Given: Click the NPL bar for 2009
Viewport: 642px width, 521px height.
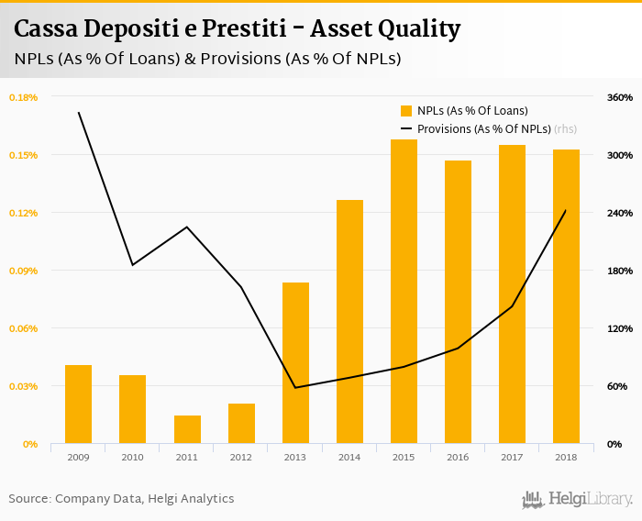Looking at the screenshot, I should click(x=78, y=405).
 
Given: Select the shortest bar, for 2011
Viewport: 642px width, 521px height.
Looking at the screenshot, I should click(x=187, y=429).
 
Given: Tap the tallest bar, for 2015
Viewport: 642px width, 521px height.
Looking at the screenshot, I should click(x=404, y=292).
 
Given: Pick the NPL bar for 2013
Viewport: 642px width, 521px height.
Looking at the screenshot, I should click(x=295, y=363).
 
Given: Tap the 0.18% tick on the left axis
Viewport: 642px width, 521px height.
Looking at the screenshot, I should click(x=23, y=97).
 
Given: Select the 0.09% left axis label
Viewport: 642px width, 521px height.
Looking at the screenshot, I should click(x=23, y=271).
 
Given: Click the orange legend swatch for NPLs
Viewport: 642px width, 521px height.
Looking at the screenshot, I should click(x=406, y=111).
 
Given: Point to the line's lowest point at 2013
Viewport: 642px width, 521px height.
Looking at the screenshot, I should click(x=295, y=387).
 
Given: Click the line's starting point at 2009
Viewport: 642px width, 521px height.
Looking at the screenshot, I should click(x=78, y=113).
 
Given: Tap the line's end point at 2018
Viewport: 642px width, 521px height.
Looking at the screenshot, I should click(x=566, y=210).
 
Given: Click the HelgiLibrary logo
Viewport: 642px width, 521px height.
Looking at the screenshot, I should click(x=578, y=499).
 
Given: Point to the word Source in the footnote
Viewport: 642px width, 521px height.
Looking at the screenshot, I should click(x=28, y=499).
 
